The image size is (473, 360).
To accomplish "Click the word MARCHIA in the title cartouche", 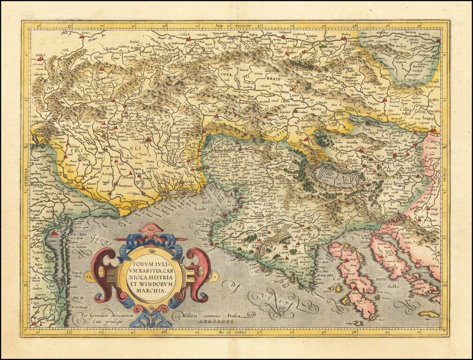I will click(151, 291).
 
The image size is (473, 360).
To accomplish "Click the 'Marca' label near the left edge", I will click(36, 184).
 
